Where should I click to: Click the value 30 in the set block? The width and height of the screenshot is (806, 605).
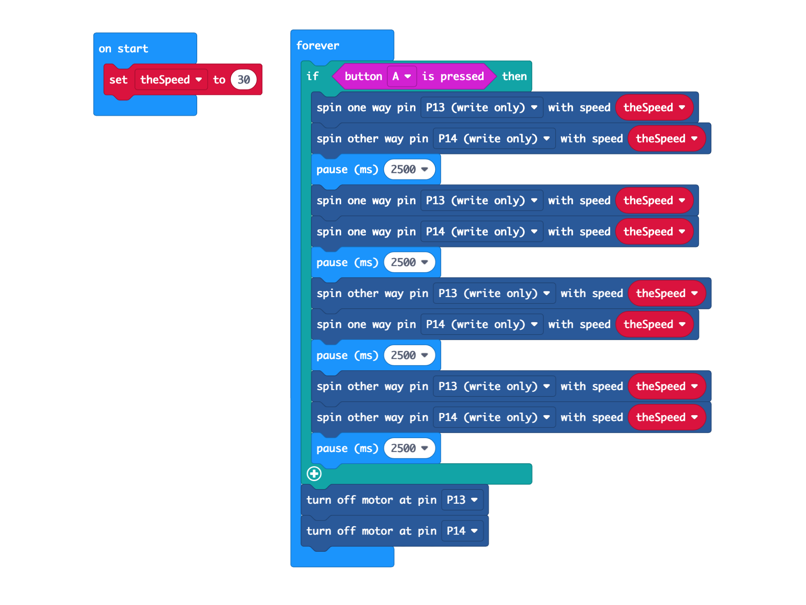(244, 80)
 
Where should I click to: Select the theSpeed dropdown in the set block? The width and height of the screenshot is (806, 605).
(171, 80)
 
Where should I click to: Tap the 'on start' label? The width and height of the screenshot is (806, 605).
(123, 49)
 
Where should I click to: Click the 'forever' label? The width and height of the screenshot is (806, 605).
(318, 46)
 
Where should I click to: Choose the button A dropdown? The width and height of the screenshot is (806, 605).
(402, 77)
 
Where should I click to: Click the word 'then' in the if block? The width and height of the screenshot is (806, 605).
(514, 77)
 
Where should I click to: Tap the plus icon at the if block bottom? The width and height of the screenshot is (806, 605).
(314, 474)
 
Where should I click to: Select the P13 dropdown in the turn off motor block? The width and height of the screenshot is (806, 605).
(462, 500)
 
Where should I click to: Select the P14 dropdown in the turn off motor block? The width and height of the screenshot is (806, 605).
(462, 531)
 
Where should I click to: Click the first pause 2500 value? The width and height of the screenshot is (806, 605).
(409, 170)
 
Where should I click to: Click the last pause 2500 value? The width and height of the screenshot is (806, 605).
(409, 448)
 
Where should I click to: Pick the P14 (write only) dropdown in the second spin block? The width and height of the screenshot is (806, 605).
(494, 139)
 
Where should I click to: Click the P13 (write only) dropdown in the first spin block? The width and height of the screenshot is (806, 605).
(482, 108)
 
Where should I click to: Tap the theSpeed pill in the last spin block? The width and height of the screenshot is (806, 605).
(667, 417)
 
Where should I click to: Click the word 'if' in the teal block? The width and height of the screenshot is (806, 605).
(312, 77)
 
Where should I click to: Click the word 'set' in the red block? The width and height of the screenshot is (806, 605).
(118, 80)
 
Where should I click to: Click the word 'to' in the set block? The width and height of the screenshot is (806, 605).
(219, 80)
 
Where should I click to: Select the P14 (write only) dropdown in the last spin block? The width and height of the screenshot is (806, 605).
(494, 417)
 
